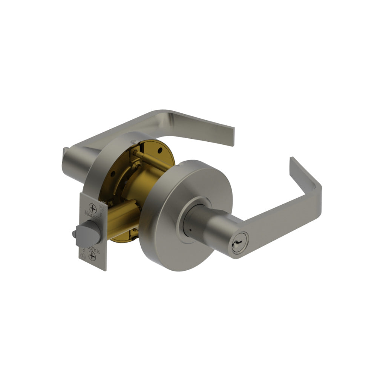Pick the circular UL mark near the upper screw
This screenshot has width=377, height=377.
tap(101, 206)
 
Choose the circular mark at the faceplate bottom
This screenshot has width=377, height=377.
tap(84, 257)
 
